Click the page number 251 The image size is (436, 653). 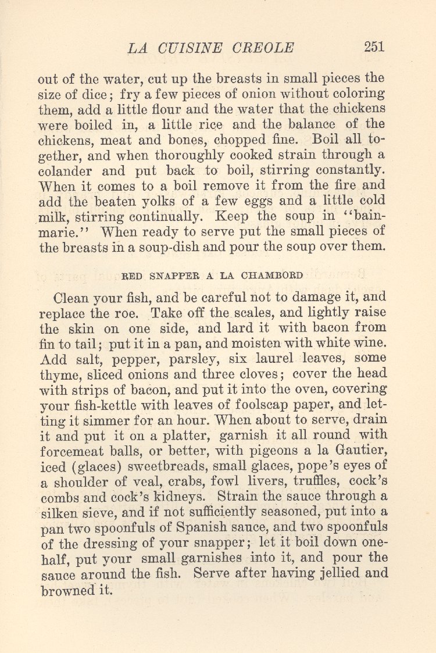click(x=374, y=47)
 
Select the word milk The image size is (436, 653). click(x=52, y=217)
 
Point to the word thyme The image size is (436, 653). click(x=58, y=373)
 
